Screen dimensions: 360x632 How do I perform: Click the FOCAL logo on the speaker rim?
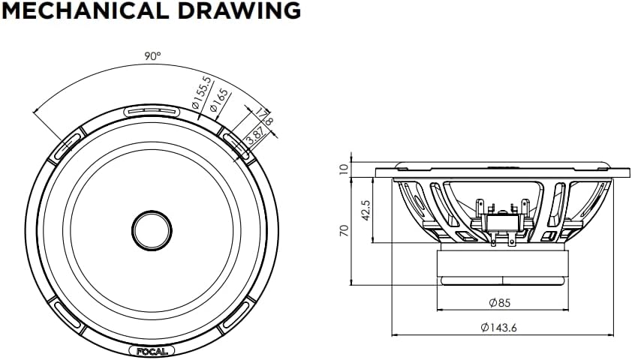(153, 350)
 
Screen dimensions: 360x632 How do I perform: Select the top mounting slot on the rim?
(153, 111)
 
